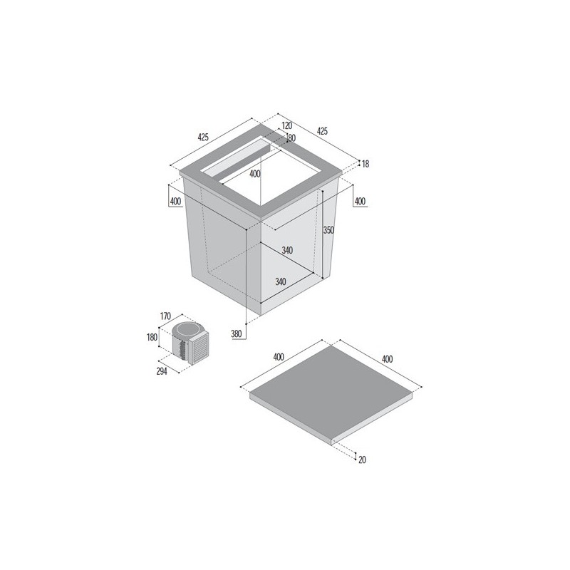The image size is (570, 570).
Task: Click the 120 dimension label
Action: click(287, 126)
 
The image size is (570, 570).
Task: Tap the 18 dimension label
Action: click(366, 164)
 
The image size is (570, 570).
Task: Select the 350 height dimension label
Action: click(328, 230)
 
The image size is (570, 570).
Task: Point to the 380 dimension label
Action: click(237, 334)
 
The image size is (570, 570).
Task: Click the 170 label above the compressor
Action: click(165, 316)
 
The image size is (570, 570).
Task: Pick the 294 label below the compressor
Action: click(162, 371)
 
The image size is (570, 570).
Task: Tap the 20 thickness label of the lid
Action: click(362, 460)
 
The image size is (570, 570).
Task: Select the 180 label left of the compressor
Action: click(152, 337)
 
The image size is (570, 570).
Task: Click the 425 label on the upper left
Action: click(203, 137)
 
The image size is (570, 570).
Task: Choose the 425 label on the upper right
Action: click(323, 131)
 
